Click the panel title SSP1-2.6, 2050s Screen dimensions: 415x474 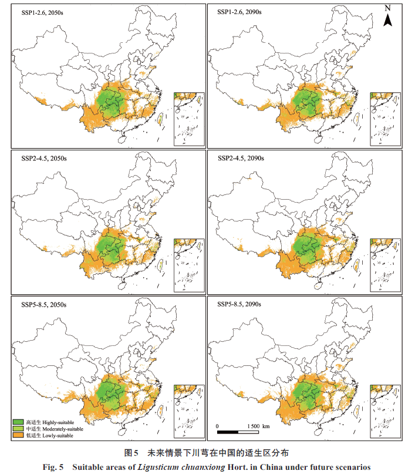pos(42,13)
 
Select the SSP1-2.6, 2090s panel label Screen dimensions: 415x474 pos(239,12)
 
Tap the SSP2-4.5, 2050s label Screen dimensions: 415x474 pos(44,159)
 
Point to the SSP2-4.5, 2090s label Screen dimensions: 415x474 pos(241,159)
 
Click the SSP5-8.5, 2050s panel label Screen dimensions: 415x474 pos(44,305)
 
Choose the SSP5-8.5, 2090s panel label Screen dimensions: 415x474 pos(239,304)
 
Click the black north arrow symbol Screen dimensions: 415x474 pos(388,20)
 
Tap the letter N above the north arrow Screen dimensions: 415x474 pos(388,8)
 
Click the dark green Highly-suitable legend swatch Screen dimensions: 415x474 pos(18,422)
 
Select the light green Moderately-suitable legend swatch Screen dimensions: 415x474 pos(18,429)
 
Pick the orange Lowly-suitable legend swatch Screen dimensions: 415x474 pos(18,435)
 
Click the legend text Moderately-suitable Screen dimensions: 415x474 pos(63,429)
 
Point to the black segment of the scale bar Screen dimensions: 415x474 pos(228,432)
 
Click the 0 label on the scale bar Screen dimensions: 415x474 pos(217,426)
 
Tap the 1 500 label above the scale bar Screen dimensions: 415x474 pos(254,426)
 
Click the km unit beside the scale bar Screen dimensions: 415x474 pos(266,426)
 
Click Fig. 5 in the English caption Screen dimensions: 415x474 pos(53,467)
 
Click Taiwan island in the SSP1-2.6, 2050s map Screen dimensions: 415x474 pos(160,118)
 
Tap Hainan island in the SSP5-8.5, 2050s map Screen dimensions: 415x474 pos(122,431)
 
